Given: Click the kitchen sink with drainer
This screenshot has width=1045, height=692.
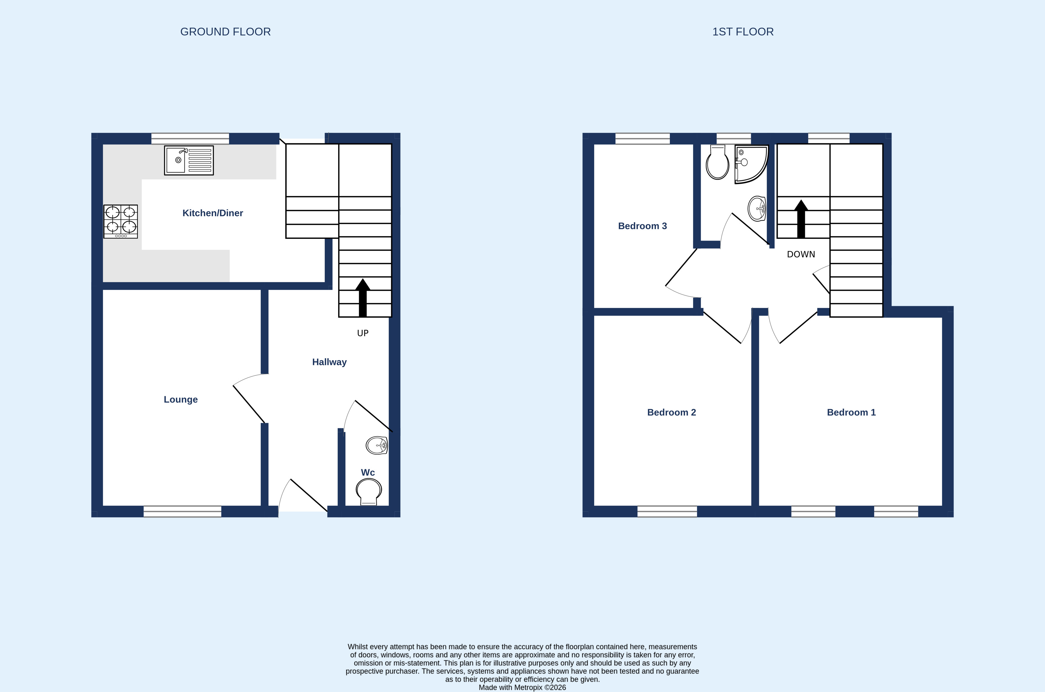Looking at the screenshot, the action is (189, 160).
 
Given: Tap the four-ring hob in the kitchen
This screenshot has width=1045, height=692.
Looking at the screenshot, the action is (121, 222).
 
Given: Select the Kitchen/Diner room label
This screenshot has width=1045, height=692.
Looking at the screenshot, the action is (212, 213).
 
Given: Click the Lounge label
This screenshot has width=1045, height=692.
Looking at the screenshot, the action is (181, 399).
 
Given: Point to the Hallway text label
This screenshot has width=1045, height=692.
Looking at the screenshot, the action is (330, 362).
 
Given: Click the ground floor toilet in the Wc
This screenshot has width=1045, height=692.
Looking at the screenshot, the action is (369, 492).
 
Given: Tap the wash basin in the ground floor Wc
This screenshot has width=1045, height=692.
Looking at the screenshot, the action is (377, 445).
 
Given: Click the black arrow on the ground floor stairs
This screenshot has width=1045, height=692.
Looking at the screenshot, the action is (363, 297).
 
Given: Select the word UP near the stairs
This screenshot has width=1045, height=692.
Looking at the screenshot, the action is (363, 333).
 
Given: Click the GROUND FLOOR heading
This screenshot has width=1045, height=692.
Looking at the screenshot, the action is (225, 32).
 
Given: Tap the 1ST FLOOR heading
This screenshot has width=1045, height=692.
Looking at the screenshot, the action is (743, 32).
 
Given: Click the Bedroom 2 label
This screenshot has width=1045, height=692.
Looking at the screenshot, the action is (671, 412).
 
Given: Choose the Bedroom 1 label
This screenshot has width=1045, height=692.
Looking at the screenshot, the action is (851, 412).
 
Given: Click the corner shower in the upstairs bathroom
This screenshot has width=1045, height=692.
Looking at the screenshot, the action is (751, 164).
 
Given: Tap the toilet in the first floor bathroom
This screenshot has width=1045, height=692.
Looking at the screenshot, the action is (717, 162).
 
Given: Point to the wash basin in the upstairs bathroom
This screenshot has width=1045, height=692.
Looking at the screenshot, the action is (757, 208).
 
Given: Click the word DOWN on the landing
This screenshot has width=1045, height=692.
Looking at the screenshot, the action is (801, 254).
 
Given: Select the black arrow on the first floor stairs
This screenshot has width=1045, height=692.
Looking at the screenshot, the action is (801, 219).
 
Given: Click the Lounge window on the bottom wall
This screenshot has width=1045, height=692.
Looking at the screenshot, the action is (182, 512).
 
